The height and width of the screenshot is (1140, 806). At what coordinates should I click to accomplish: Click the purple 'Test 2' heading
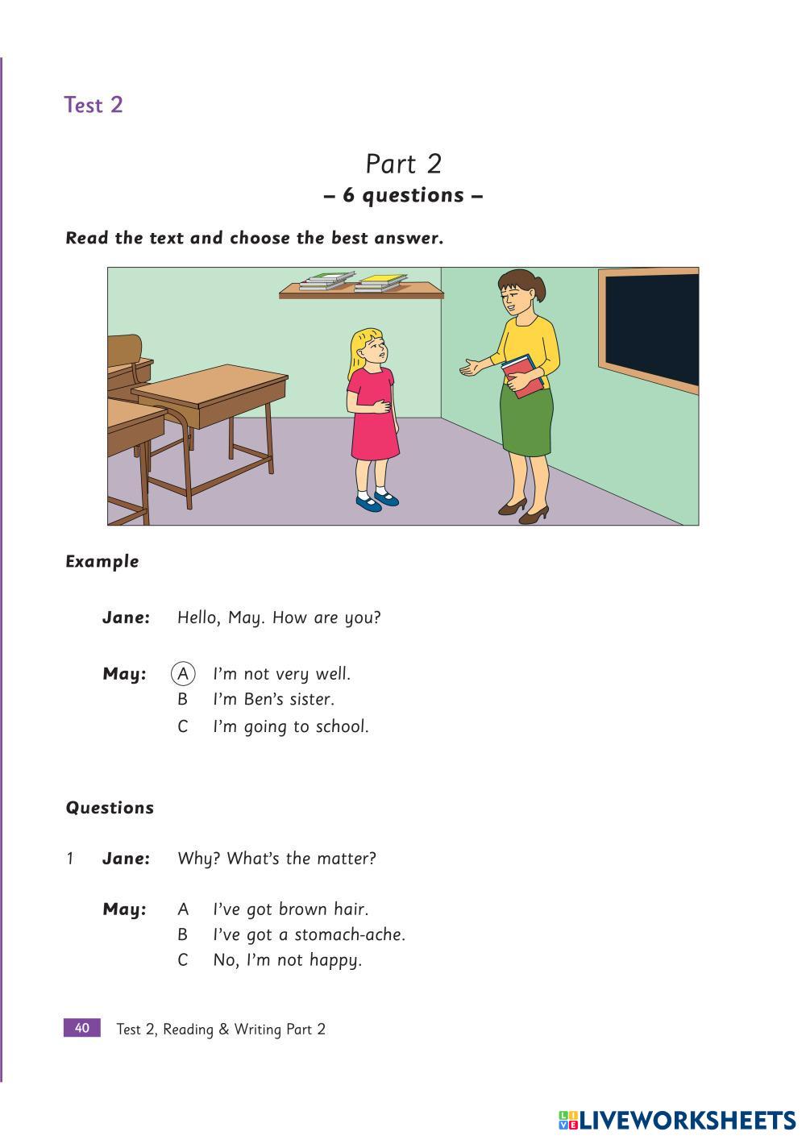(x=93, y=105)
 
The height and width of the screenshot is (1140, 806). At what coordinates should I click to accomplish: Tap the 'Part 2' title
(x=403, y=164)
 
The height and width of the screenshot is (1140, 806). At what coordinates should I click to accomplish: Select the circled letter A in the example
(x=183, y=673)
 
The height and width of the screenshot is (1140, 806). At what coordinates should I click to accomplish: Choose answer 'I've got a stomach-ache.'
(x=309, y=934)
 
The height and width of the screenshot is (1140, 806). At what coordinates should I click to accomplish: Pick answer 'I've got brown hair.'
(x=290, y=909)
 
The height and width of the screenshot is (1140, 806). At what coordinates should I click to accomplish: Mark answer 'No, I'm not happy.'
(x=287, y=960)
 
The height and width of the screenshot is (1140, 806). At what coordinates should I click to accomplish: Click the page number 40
(x=82, y=1028)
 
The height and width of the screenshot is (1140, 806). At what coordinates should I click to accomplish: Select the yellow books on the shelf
(x=381, y=282)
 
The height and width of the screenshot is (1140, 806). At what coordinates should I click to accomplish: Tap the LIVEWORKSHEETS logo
(x=677, y=1120)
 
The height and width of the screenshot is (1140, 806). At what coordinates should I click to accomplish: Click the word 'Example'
(x=102, y=562)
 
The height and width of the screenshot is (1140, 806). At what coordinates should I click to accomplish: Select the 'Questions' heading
(x=110, y=808)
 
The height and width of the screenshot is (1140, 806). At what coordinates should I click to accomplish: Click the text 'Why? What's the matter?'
(x=276, y=859)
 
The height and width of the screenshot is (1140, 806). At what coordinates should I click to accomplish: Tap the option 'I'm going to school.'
(x=290, y=726)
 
